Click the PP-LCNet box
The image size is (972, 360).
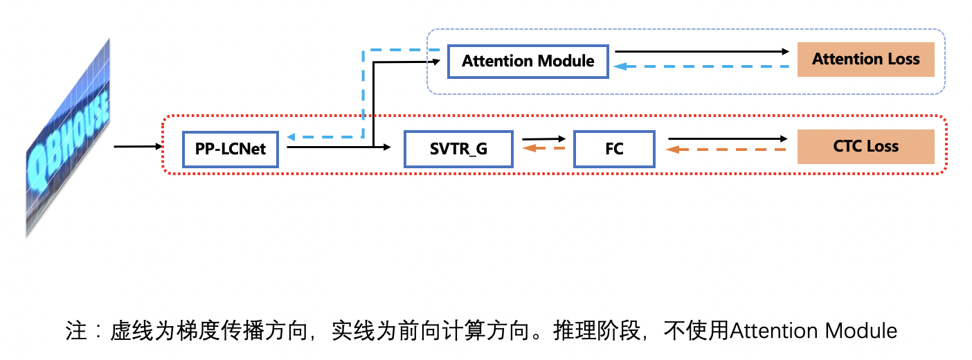230,148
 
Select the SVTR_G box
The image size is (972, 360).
458,148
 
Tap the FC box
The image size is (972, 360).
614,148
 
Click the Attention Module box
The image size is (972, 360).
528,61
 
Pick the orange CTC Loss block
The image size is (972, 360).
865,146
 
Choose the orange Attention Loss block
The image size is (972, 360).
865,59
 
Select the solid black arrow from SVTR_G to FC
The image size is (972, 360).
543,139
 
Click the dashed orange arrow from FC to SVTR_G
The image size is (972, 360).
543,148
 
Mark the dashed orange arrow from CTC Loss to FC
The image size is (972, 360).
727,149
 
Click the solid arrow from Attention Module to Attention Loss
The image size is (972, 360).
702,51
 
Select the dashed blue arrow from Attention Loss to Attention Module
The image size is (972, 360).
702,66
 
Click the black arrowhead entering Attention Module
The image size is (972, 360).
436,61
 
